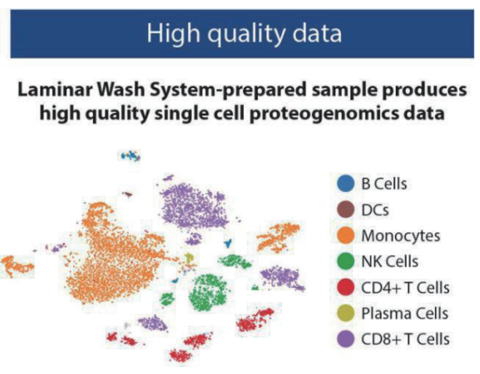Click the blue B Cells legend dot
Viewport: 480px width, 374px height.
[346, 183]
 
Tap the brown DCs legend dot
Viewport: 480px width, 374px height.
[346, 210]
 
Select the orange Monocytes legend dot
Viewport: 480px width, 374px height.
[346, 235]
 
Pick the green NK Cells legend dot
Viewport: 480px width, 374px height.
[346, 261]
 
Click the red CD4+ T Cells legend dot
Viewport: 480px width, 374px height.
[346, 287]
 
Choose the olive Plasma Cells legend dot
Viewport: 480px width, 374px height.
[346, 313]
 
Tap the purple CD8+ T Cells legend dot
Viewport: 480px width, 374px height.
[346, 339]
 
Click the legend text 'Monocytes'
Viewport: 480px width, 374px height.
[401, 236]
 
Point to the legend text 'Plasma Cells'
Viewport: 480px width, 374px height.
[404, 313]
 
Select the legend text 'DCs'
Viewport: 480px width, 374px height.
[375, 210]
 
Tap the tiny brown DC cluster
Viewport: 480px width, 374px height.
[128, 194]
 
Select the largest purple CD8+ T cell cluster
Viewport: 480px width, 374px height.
[194, 206]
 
